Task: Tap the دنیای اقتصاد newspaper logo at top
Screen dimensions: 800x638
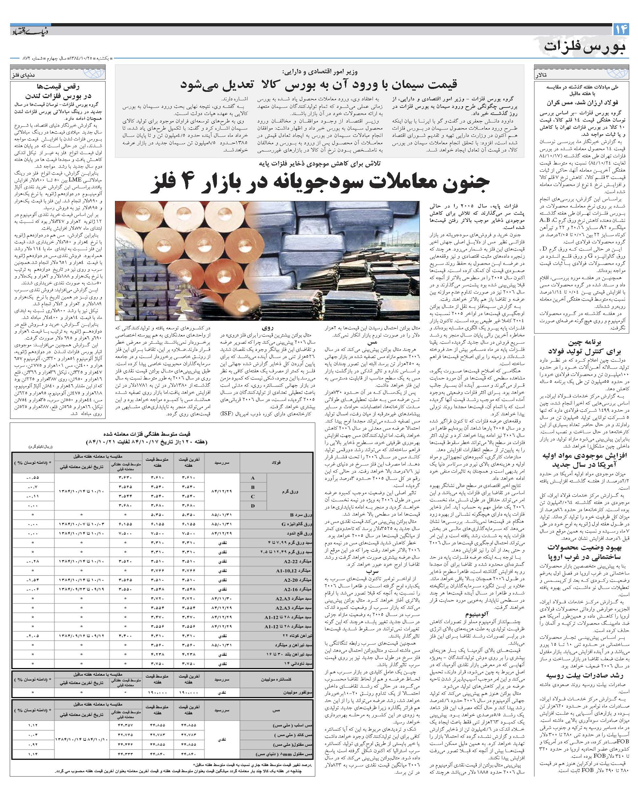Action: coord(29,31)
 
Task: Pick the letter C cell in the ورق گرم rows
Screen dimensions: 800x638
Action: coord(253,496)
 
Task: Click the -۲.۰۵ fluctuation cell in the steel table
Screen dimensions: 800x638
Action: coord(33,636)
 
